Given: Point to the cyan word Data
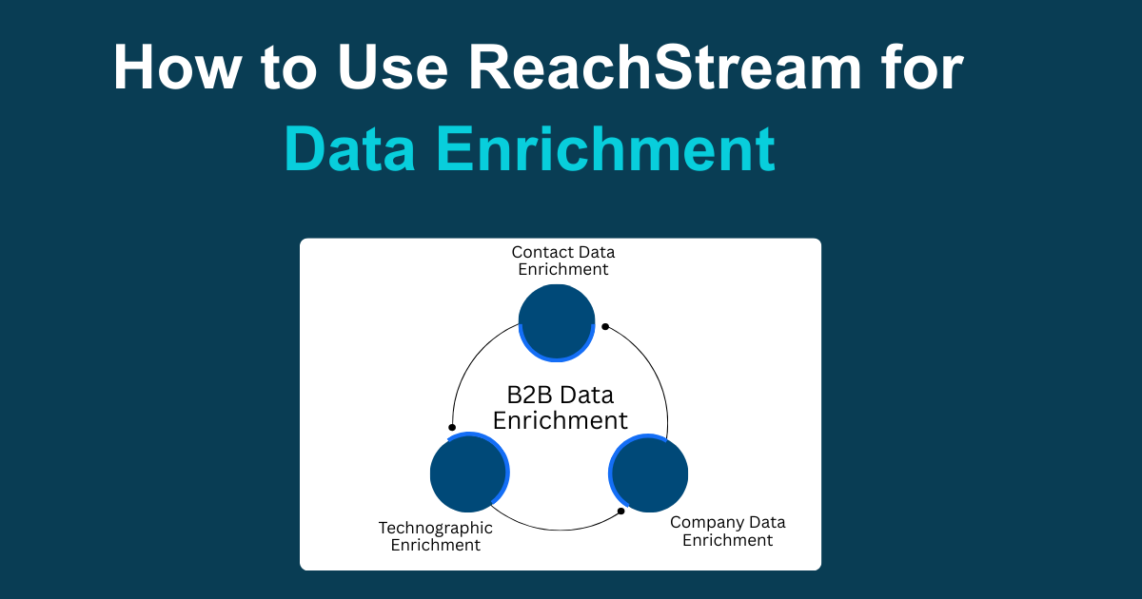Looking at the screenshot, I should (351, 149).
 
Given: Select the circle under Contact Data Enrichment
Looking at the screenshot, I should (557, 322).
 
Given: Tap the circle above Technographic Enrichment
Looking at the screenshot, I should (469, 473).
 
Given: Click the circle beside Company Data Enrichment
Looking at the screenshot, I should (648, 473).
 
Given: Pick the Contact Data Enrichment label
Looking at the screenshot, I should (563, 261).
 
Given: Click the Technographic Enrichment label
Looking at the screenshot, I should (436, 536).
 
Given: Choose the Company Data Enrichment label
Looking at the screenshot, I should (728, 531).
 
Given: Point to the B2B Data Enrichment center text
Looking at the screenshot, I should (560, 407).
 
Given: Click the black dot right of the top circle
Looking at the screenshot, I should (605, 326).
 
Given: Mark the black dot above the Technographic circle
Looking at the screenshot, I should (452, 427).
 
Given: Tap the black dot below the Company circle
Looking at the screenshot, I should (621, 511).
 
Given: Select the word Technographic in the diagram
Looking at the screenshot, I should (436, 528).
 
